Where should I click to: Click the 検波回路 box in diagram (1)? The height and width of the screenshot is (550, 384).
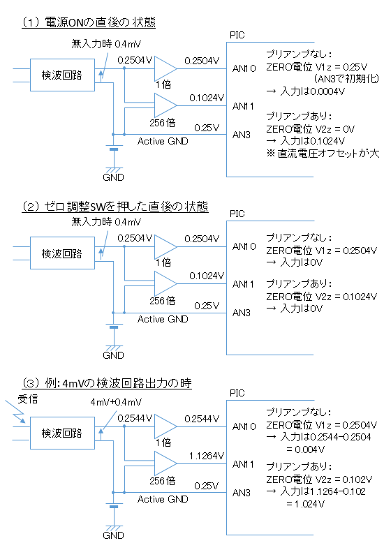coord(62,75)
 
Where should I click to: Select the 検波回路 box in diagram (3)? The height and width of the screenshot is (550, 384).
coord(62,433)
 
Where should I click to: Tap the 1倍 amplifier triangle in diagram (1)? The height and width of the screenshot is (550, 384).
coord(165,68)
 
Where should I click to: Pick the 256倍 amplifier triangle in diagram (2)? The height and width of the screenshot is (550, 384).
coord(165,283)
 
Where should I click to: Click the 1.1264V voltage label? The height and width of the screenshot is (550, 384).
coord(207,456)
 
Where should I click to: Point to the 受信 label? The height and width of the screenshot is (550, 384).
coord(28,399)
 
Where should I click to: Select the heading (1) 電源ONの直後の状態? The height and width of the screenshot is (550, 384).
coord(89,22)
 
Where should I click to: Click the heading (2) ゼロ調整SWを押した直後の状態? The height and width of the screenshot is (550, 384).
coord(115,206)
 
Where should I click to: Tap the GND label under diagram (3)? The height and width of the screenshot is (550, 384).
coord(113,535)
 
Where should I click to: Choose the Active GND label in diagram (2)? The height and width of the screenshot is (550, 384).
coord(163,319)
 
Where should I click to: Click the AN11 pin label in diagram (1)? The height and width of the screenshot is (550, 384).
coord(243,106)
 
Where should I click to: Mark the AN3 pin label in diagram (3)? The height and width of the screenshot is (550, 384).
coord(242,493)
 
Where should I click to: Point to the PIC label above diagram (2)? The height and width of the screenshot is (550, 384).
coord(237,214)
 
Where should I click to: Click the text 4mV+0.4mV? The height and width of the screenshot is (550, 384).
coord(116,402)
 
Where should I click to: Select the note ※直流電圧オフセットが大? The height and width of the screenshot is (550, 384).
coord(323,154)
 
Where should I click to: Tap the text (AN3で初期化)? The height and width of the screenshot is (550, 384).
coord(346,78)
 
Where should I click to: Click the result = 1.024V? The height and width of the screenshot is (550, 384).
coord(305,504)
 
